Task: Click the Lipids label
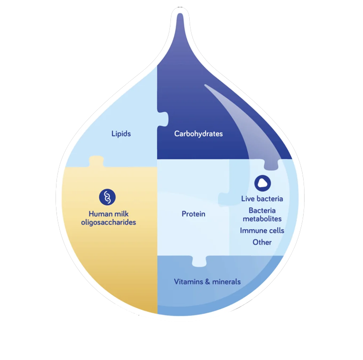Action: pyautogui.click(x=121, y=133)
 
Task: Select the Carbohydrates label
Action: pyautogui.click(x=198, y=134)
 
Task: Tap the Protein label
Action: pyautogui.click(x=194, y=214)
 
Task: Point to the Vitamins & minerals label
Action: pyautogui.click(x=207, y=282)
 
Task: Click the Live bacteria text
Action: pyautogui.click(x=262, y=199)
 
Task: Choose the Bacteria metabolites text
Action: pyautogui.click(x=262, y=214)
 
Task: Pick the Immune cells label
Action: pyautogui.click(x=262, y=230)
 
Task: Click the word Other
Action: pyautogui.click(x=262, y=242)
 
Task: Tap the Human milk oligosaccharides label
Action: pyautogui.click(x=109, y=218)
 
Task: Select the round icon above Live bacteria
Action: pyautogui.click(x=263, y=183)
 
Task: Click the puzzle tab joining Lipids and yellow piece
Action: pyautogui.click(x=96, y=161)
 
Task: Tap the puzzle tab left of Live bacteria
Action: pyautogui.click(x=224, y=199)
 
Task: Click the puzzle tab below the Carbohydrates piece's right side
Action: pyautogui.click(x=271, y=164)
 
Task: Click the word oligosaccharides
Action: pyautogui.click(x=109, y=222)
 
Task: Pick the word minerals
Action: pyautogui.click(x=225, y=282)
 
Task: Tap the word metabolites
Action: pyautogui.click(x=262, y=218)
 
